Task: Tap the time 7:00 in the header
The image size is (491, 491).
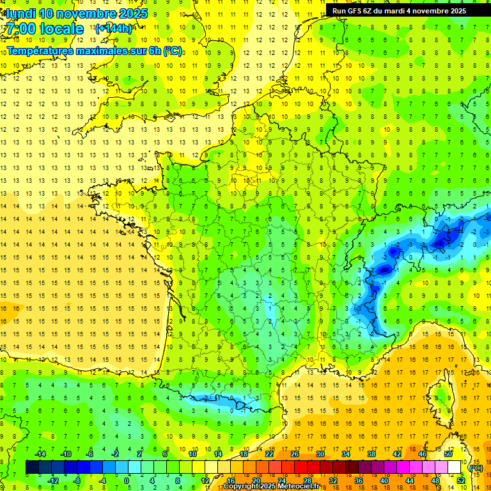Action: [x=20, y=29]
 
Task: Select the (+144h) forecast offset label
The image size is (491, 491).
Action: [x=114, y=28]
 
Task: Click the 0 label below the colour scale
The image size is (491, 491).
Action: [x=127, y=481]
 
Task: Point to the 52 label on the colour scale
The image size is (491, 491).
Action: [x=461, y=481]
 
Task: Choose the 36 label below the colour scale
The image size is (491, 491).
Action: [x=359, y=481]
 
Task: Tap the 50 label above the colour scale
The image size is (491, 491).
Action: [x=448, y=454]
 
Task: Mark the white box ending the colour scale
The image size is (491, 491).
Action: [x=455, y=467]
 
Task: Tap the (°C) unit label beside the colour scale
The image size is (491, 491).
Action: [x=476, y=467]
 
